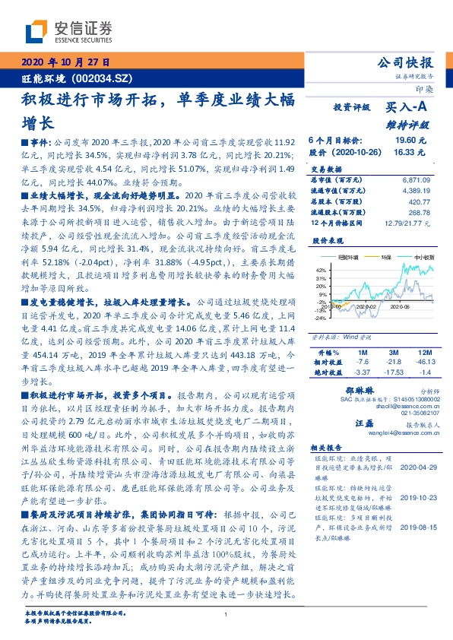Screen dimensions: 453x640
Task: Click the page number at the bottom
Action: point(226,615)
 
